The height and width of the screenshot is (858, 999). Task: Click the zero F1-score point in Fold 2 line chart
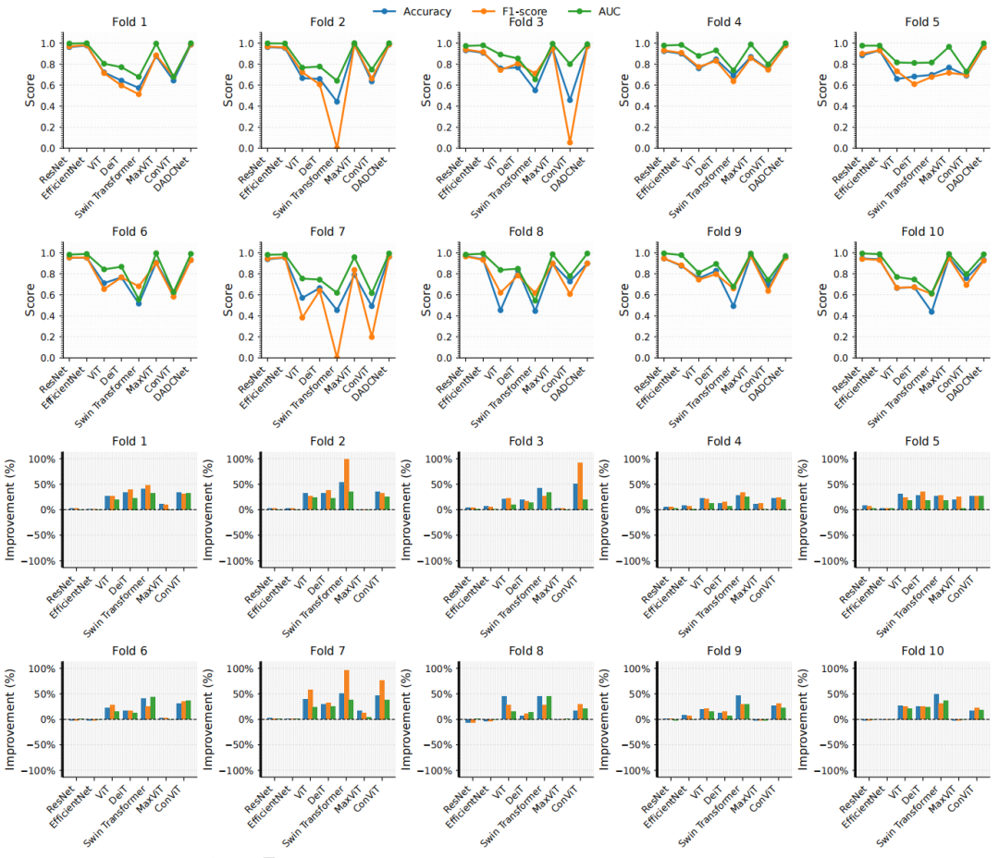click(x=337, y=148)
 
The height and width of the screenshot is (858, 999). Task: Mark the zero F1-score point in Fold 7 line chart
click(x=337, y=357)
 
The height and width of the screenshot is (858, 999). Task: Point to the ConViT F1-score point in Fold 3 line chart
click(x=572, y=142)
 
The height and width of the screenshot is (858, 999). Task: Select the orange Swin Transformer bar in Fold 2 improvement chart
click(x=347, y=484)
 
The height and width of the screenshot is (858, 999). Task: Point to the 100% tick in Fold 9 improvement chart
click(x=638, y=668)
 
